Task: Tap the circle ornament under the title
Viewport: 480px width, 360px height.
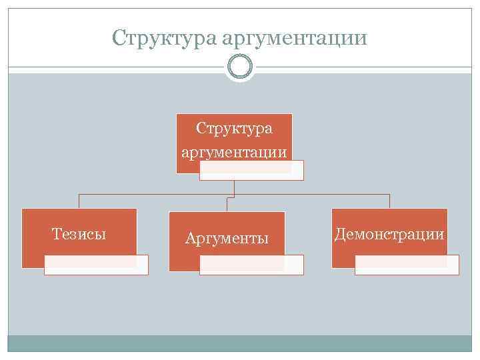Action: (239, 67)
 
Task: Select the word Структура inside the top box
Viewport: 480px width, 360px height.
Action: (234, 128)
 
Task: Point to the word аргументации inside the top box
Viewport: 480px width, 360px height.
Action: (234, 152)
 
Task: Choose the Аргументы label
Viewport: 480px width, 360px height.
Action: (227, 238)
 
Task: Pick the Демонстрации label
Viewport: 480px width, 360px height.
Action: (389, 234)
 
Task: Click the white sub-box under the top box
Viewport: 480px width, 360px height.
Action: (251, 171)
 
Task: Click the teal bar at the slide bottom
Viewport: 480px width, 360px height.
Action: (239, 343)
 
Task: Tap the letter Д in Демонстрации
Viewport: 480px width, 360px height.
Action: (339, 234)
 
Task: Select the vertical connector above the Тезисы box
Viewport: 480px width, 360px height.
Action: (79, 201)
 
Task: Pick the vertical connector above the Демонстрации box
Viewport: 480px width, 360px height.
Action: (389, 201)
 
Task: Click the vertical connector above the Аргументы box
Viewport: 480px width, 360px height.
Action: (227, 204)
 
